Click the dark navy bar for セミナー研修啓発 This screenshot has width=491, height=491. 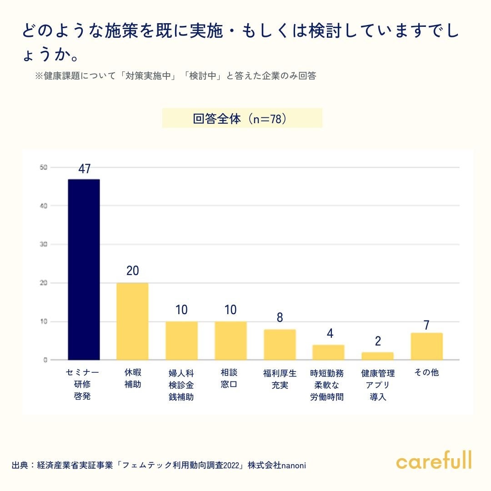84,270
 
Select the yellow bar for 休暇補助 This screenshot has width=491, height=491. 132,321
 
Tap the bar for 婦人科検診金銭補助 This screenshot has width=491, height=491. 181,341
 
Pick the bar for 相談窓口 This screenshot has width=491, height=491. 230,341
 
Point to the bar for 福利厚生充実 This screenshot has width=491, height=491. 280,345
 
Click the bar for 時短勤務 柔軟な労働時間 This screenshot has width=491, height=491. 328,352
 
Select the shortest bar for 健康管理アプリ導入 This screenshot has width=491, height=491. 377,356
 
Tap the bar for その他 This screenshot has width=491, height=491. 426,346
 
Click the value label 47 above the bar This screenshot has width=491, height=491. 85,169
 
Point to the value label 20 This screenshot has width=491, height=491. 133,271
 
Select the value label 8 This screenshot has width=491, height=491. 280,318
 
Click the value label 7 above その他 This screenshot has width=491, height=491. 426,325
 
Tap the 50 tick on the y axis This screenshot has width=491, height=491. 43,167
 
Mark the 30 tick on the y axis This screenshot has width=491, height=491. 43,245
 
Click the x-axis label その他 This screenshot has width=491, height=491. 426,373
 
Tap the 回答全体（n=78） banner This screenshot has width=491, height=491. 242,118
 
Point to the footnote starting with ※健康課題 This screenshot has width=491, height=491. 175,76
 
